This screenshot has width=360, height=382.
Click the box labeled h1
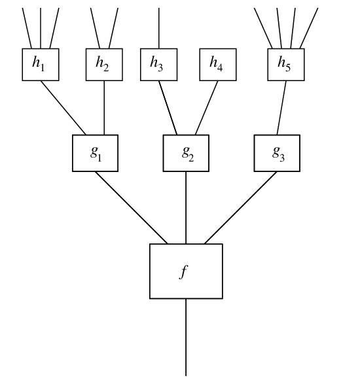click(41, 65)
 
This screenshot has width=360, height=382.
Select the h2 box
click(104, 65)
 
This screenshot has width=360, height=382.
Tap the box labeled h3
click(158, 65)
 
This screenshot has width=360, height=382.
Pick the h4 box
click(218, 65)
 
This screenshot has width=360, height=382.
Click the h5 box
click(286, 65)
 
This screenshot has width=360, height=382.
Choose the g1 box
click(95, 153)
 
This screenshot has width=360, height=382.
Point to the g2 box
click(186, 153)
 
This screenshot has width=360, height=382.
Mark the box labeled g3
click(277, 153)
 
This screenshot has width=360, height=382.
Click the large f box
click(186, 271)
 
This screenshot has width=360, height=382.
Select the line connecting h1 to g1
click(63, 108)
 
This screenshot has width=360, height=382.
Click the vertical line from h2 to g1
click(104, 108)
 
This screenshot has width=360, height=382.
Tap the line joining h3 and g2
click(168, 108)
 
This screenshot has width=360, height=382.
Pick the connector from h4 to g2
click(206, 108)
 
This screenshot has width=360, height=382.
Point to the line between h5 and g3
click(281, 108)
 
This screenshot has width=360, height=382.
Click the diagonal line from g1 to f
click(132, 207)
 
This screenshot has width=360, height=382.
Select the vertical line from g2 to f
click(186, 207)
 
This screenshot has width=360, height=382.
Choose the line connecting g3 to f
click(241, 207)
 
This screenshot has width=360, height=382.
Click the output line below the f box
click(186, 337)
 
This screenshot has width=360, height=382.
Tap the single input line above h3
click(159, 28)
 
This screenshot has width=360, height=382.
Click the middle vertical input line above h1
click(41, 28)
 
